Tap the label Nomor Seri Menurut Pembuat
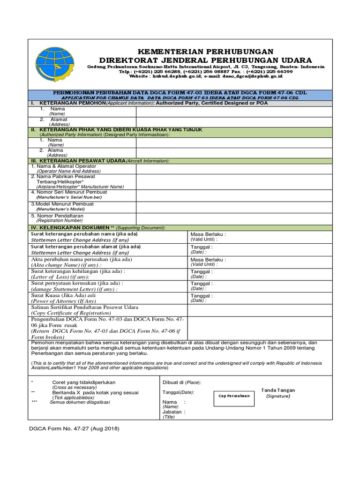tap(69, 192)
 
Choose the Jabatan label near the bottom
tap(173, 412)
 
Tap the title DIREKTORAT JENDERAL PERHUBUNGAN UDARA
tap(205, 60)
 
